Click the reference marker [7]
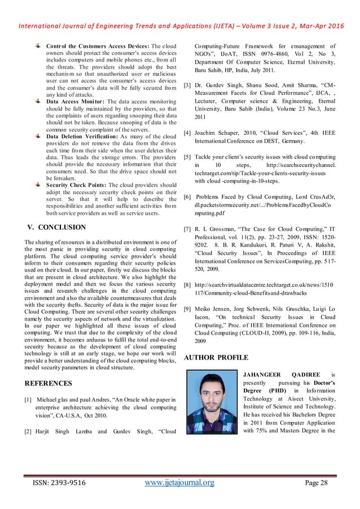pos(187,230)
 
